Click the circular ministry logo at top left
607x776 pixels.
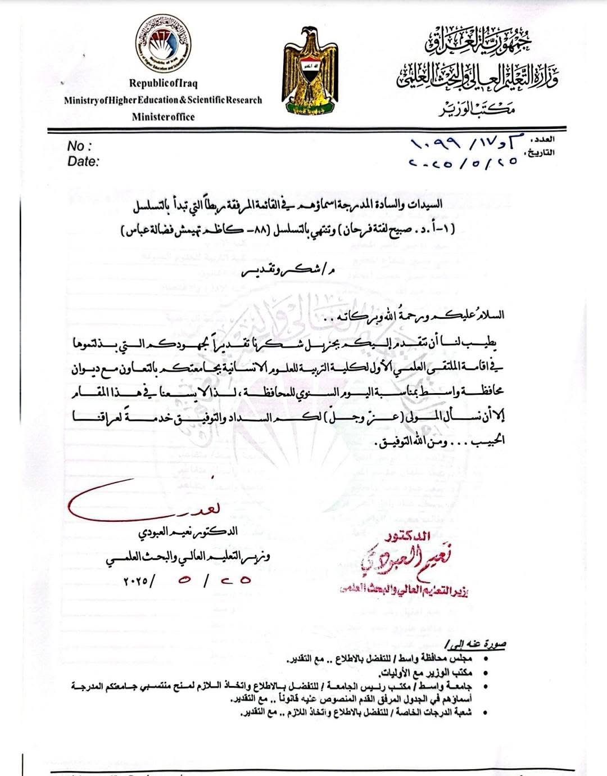click(x=164, y=47)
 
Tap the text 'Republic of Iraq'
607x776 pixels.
click(x=163, y=83)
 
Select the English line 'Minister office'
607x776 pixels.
click(x=163, y=117)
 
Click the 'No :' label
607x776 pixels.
click(x=79, y=146)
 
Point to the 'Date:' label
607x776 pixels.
click(x=83, y=161)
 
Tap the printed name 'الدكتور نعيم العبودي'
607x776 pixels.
click(x=188, y=531)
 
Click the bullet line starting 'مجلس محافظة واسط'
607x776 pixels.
click(x=388, y=658)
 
